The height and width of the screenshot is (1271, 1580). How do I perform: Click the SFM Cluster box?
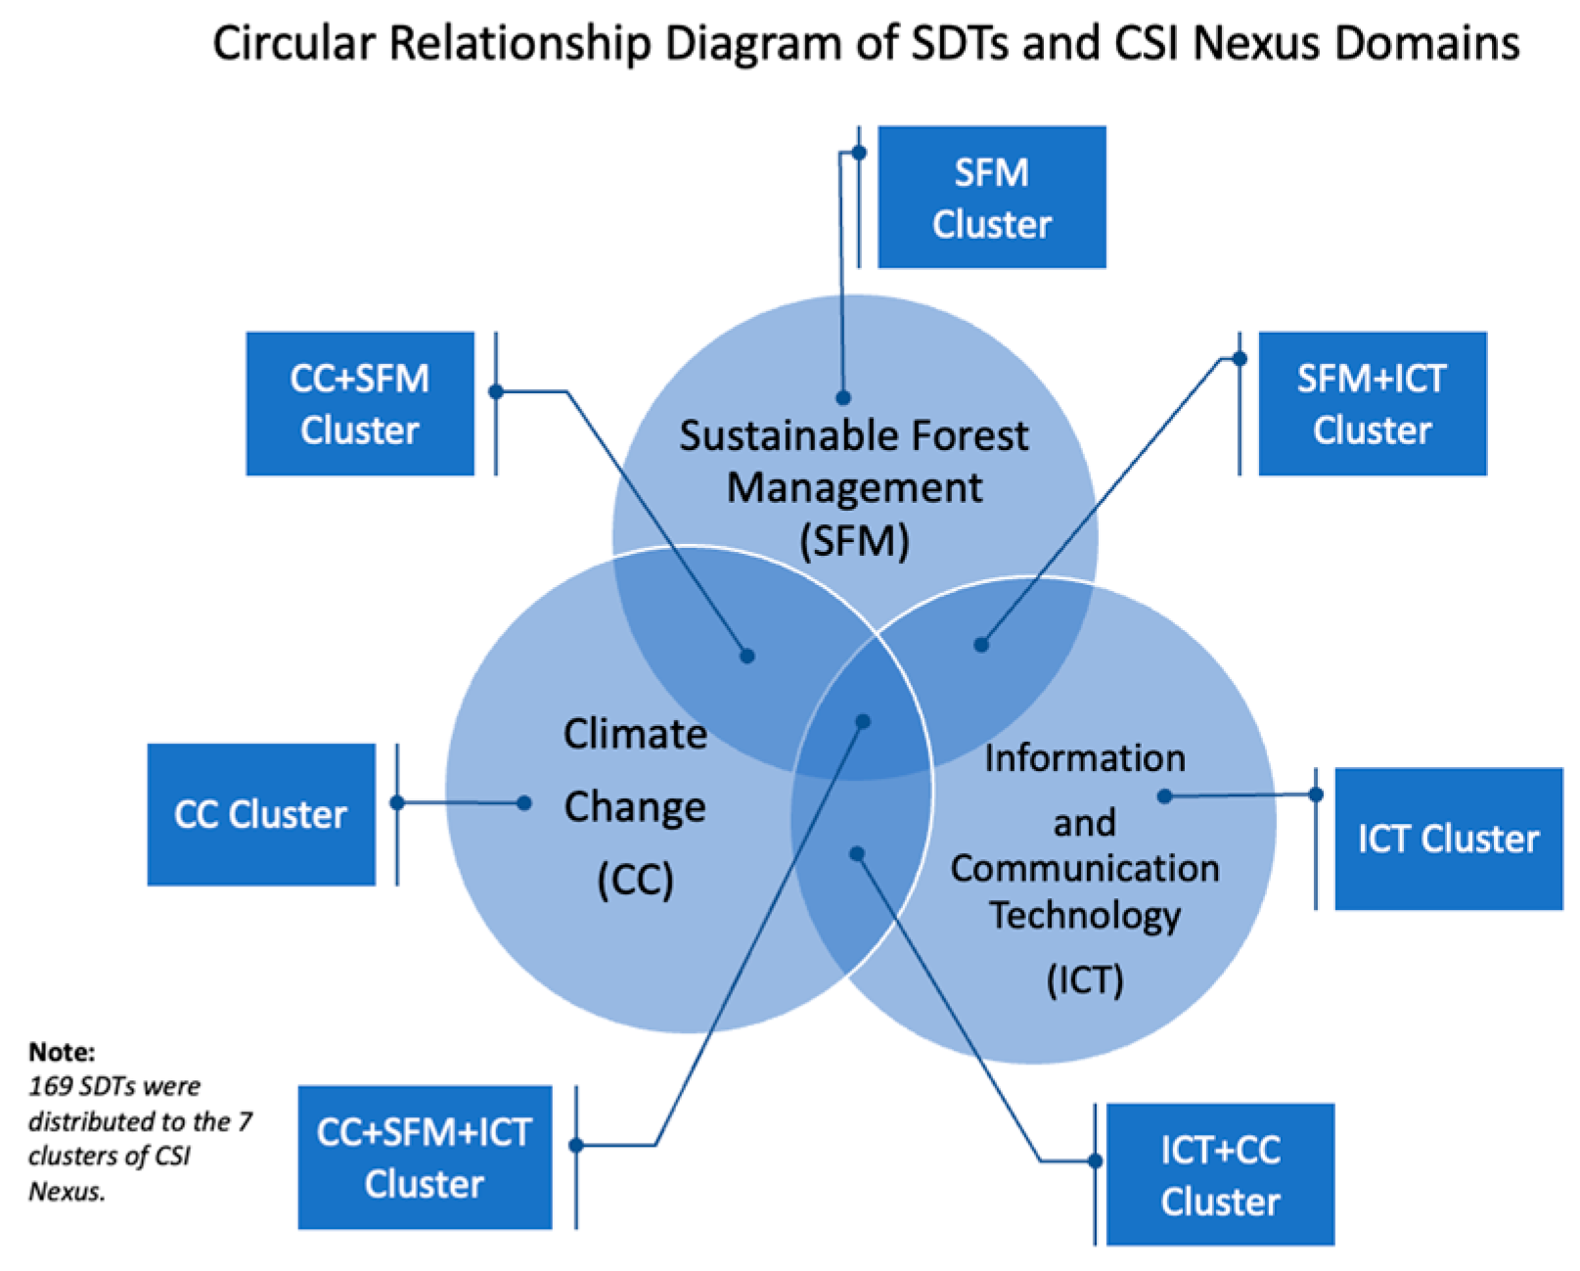point(991,197)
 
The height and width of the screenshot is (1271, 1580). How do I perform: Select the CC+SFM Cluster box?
point(360,403)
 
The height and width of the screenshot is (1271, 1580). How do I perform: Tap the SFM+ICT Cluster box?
point(1372,403)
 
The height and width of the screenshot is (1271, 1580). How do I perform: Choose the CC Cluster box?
point(261,814)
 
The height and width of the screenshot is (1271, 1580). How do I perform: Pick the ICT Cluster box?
point(1448,839)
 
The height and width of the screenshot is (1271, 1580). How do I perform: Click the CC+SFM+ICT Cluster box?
point(425,1157)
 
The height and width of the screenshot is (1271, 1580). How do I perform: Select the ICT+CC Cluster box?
point(1220,1174)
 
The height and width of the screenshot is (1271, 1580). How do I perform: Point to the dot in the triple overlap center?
point(862,722)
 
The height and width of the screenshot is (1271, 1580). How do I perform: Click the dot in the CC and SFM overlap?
point(747,656)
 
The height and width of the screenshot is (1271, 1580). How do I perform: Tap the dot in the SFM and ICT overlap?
point(981,645)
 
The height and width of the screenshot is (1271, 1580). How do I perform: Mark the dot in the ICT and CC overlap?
point(857,854)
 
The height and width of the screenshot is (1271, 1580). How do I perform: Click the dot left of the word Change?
point(524,803)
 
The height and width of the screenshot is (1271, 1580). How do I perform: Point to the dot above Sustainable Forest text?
point(842,397)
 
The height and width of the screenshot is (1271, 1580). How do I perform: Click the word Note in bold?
point(61,1052)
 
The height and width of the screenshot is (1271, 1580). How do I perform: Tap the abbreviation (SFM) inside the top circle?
point(854,540)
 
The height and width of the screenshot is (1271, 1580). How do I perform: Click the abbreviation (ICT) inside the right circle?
point(1085,979)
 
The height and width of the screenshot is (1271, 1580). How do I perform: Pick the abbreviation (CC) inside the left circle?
point(635,879)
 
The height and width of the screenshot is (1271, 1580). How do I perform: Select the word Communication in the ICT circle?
point(1085,868)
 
